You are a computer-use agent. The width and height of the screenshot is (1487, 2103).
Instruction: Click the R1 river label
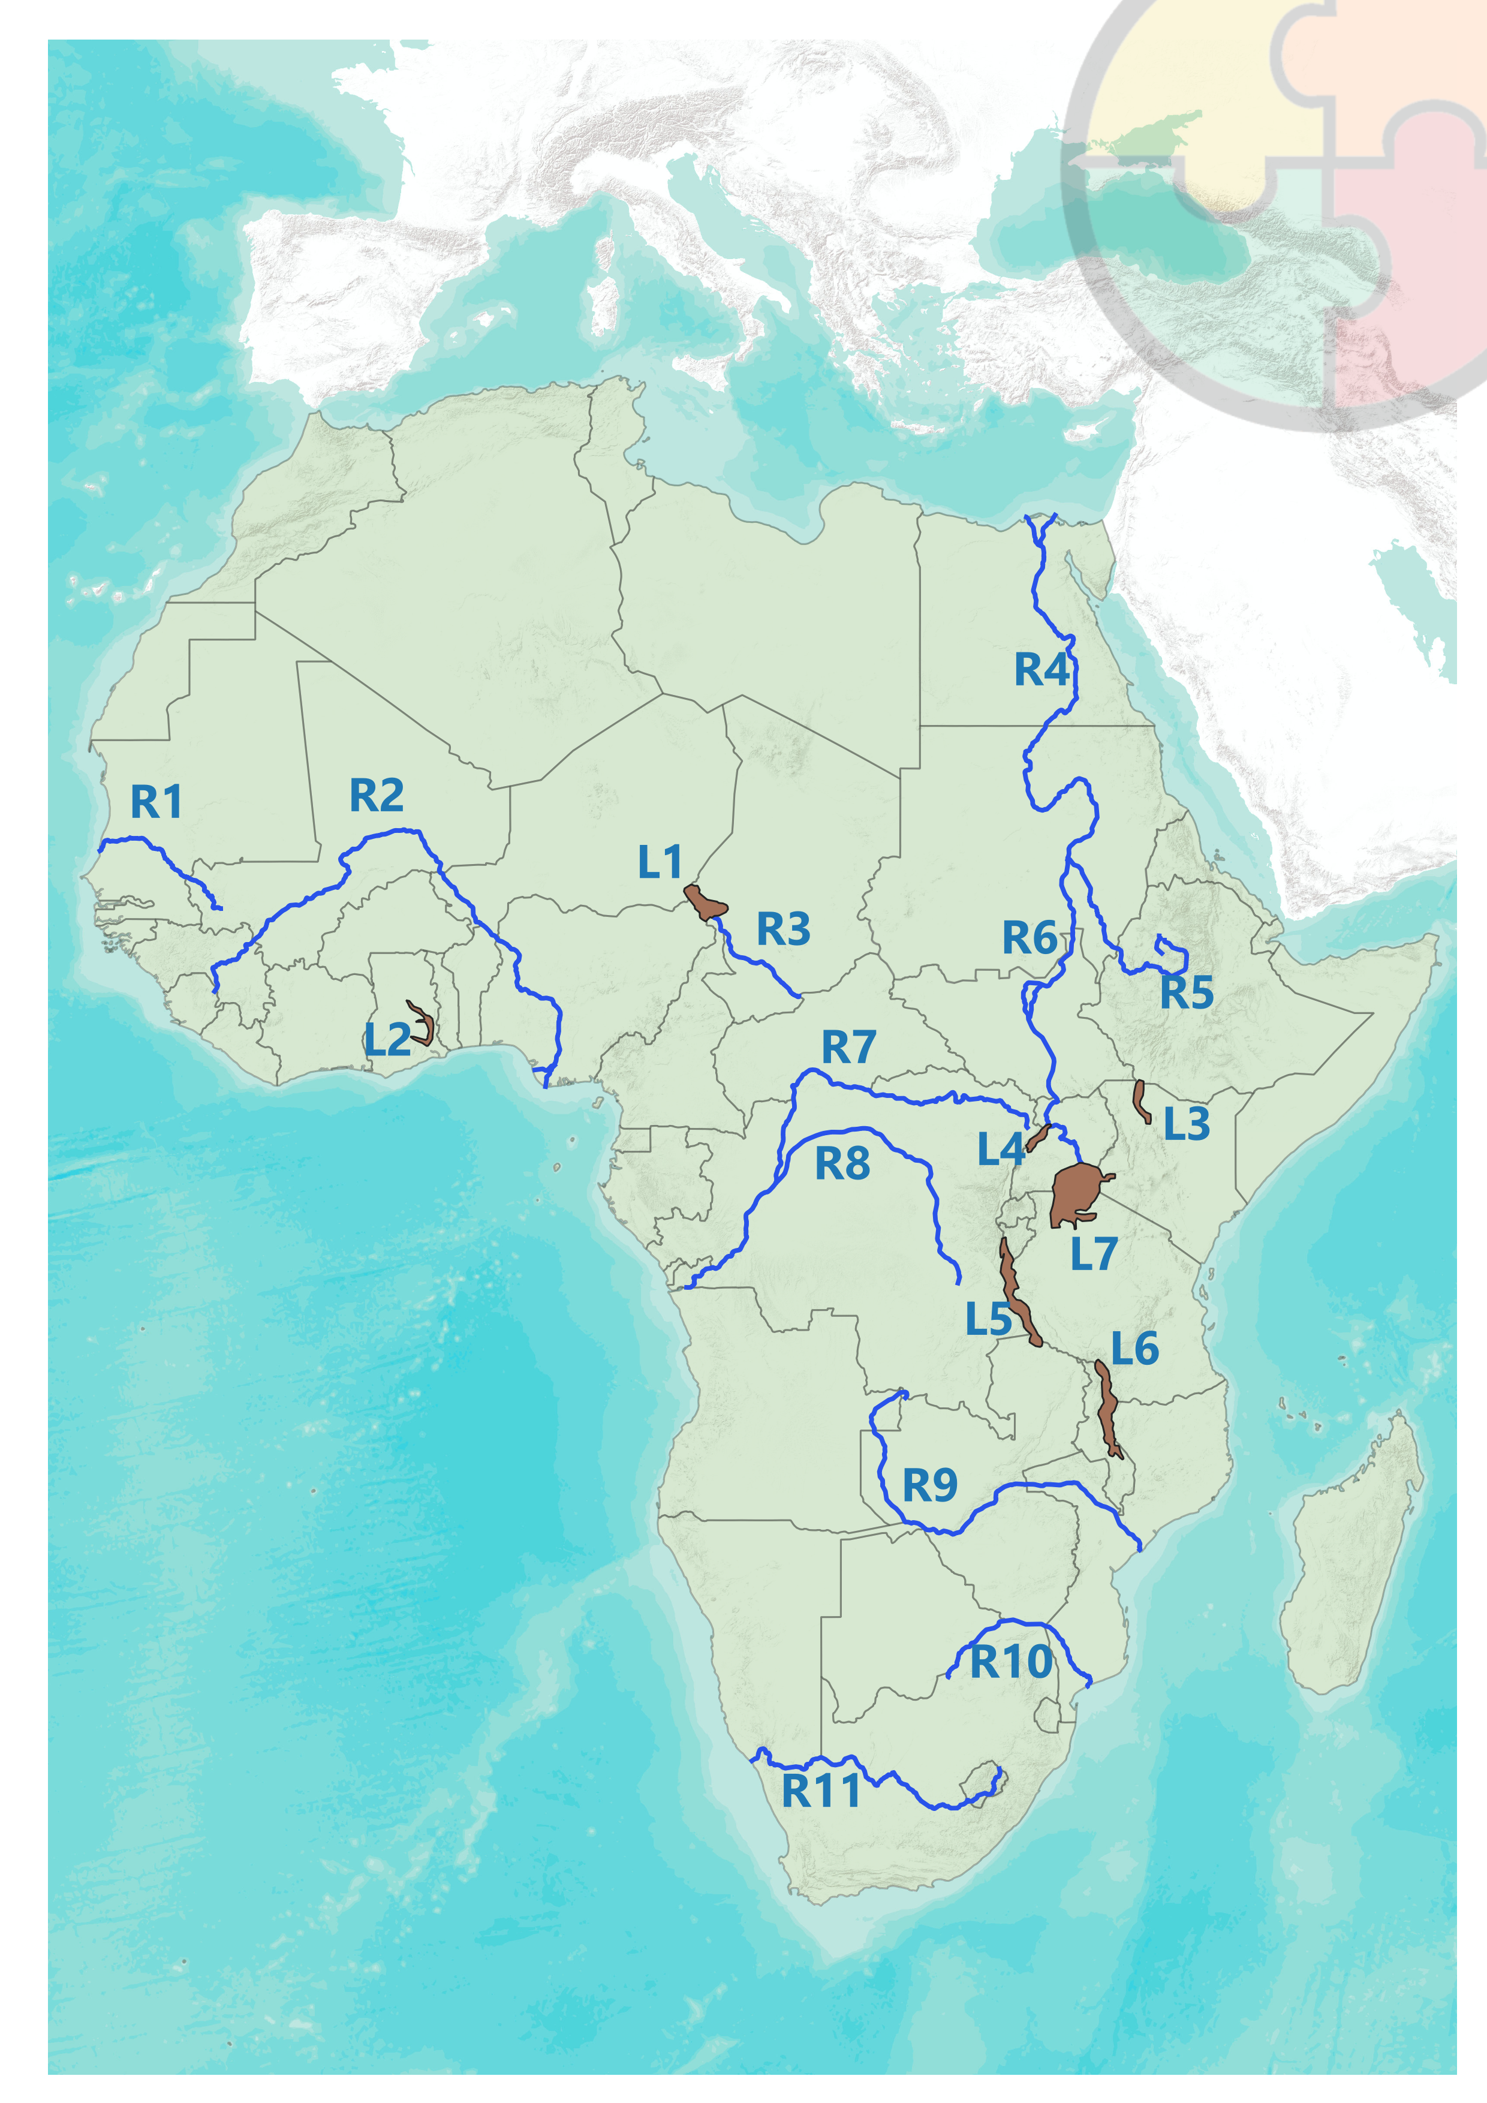[x=156, y=802]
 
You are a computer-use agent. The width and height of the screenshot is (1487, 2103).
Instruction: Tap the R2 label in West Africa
[x=377, y=795]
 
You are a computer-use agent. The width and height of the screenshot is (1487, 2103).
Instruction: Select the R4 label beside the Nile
[x=1041, y=670]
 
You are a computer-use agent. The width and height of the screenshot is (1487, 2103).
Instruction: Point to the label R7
[x=849, y=1048]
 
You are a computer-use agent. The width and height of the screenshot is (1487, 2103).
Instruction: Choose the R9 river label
[x=929, y=1486]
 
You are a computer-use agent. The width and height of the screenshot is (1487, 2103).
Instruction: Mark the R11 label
[x=820, y=1791]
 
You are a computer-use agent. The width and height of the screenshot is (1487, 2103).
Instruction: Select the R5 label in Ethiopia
[x=1186, y=993]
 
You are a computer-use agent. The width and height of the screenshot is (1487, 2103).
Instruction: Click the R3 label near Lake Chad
[x=783, y=929]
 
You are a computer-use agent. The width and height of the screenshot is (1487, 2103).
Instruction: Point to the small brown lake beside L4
[x=1037, y=1139]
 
